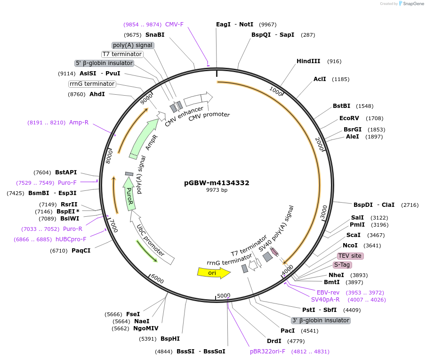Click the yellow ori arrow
213,272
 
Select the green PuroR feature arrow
129,197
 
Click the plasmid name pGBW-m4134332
217,183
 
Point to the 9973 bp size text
217,190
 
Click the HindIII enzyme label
308,61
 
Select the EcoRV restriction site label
349,118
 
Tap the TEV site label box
350,256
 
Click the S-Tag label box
342,265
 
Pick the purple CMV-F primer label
174,25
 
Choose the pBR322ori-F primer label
267,352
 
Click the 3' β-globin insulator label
321,320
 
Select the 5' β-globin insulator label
104,63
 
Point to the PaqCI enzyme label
81,251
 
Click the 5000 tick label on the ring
224,295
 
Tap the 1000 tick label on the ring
275,91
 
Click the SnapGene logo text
411,4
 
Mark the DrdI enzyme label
274,341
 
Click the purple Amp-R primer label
79,123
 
